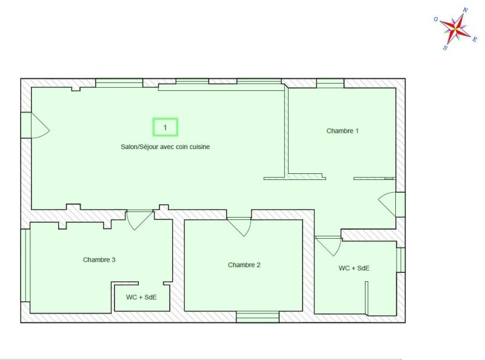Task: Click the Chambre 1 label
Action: pyautogui.click(x=343, y=131)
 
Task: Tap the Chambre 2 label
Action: pyautogui.click(x=244, y=265)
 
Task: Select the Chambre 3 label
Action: pyautogui.click(x=99, y=259)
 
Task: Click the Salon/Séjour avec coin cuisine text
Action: pyautogui.click(x=165, y=147)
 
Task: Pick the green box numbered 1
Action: pyautogui.click(x=165, y=127)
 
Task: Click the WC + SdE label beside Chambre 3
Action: pyautogui.click(x=141, y=297)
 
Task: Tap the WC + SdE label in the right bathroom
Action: pyautogui.click(x=354, y=268)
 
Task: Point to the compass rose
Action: pyautogui.click(x=455, y=28)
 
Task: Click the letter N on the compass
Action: pyautogui.click(x=465, y=10)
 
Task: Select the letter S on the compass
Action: pyautogui.click(x=445, y=48)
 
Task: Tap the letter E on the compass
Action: pyautogui.click(x=475, y=39)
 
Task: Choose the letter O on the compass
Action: pyautogui.click(x=436, y=19)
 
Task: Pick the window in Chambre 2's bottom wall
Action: pyautogui.click(x=258, y=318)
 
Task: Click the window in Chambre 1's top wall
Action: pyautogui.click(x=330, y=84)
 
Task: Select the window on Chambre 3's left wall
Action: pyautogui.click(x=25, y=265)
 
